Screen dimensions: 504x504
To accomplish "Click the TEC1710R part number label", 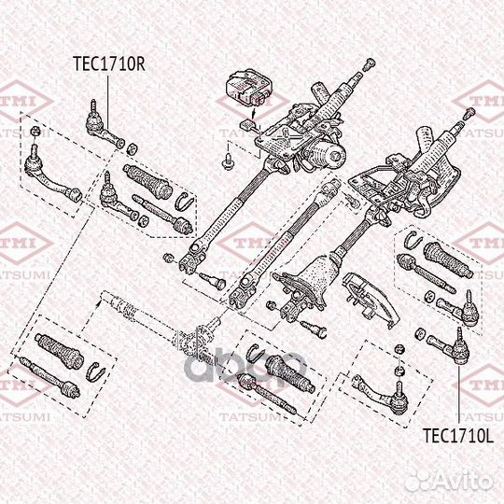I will (109, 65).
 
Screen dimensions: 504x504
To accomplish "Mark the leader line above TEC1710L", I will (459, 392).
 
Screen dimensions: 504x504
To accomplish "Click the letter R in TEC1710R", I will (142, 65).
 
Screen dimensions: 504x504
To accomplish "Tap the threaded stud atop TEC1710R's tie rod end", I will (93, 108).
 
